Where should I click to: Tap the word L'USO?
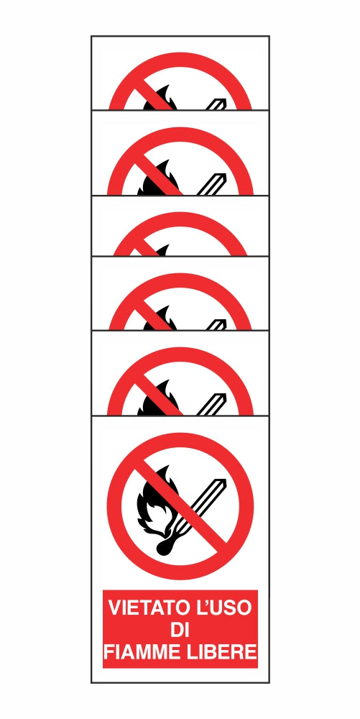click(x=222, y=608)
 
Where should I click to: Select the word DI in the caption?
click(x=180, y=631)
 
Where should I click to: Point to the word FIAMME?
click(x=141, y=653)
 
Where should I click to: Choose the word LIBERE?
click(x=222, y=653)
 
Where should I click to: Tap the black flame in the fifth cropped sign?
click(x=157, y=403)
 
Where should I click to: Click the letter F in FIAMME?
click(x=109, y=653)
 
